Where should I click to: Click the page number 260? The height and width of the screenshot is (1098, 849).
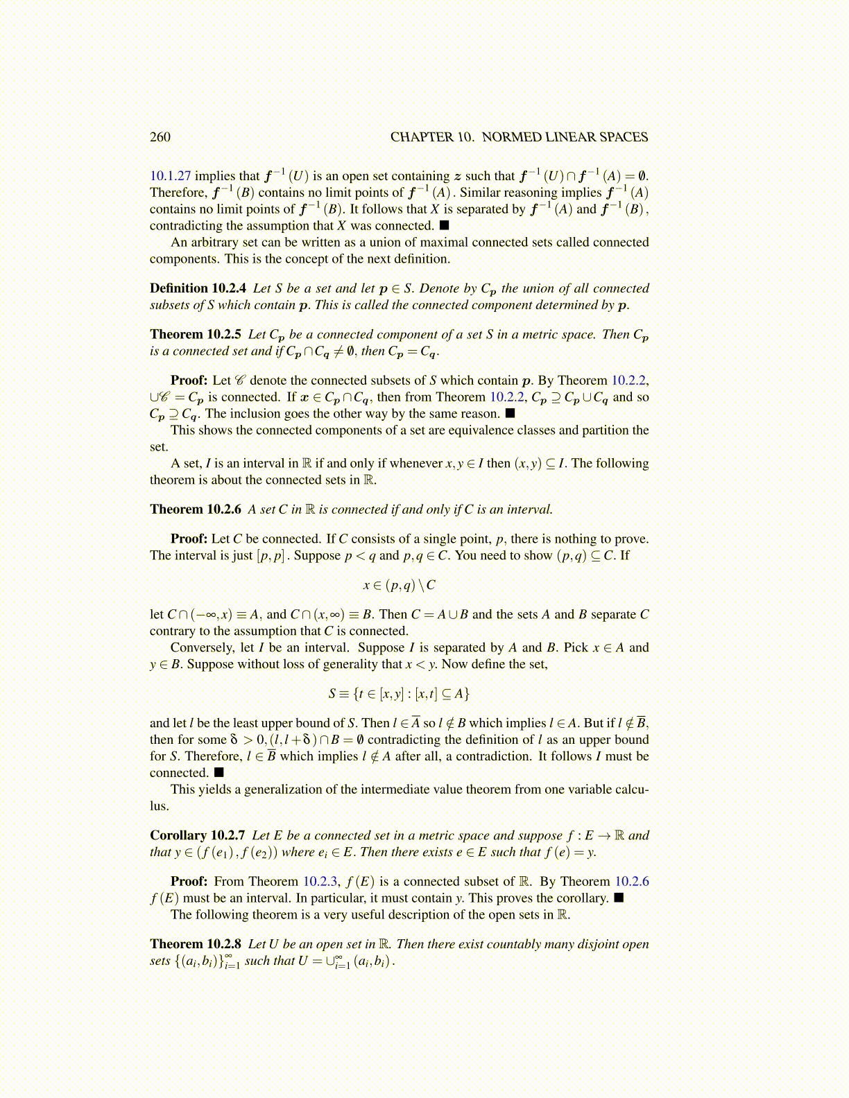pos(160,137)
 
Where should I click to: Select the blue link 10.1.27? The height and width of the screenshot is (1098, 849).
pos(170,176)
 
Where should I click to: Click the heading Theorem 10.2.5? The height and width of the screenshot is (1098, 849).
pos(196,334)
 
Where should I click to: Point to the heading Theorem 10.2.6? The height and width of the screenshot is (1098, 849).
pos(196,509)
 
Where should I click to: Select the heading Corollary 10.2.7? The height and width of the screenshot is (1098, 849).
pos(197,835)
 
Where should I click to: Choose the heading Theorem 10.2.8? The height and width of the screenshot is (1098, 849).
pos(196,944)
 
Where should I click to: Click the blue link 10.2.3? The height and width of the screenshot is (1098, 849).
pos(320,882)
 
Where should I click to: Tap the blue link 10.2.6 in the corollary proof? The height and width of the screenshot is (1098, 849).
pos(632,882)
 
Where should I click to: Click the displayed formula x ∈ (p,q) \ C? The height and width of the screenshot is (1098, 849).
pos(399,585)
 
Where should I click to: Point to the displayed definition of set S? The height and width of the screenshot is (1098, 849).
pos(399,693)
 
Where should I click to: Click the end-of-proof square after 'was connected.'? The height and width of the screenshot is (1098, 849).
pos(445,225)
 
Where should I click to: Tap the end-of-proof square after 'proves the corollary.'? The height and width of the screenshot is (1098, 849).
pos(619,898)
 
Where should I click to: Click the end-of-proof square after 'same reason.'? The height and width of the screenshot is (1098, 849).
pos(510,414)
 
